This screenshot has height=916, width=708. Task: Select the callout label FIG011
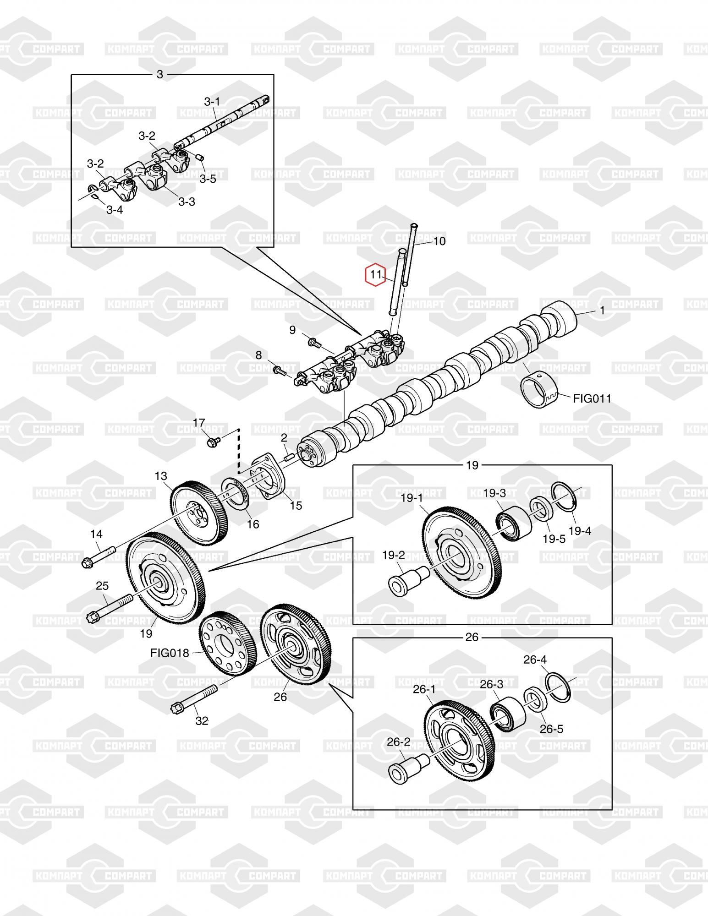[x=592, y=398]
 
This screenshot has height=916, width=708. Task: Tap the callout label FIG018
[x=170, y=653]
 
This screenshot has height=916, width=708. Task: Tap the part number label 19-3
[x=494, y=493]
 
